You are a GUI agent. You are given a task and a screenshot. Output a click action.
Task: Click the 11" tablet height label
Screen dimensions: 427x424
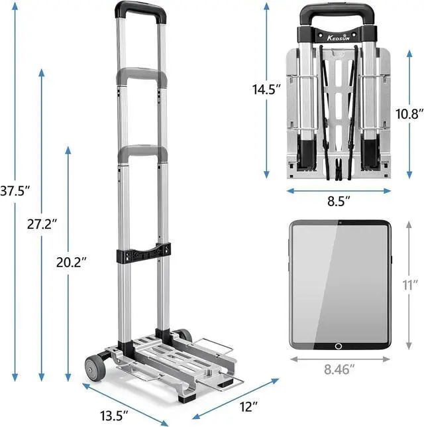(410, 285)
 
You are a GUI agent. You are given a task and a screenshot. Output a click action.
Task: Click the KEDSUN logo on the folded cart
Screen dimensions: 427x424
(339, 31)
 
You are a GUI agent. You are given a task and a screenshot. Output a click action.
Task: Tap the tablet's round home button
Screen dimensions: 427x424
(339, 345)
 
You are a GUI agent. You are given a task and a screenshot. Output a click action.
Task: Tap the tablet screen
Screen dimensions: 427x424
(339, 282)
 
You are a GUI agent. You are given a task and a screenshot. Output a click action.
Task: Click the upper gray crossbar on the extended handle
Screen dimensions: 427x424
(142, 75)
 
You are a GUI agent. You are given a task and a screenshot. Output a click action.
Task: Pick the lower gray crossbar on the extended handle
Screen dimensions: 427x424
(142, 152)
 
